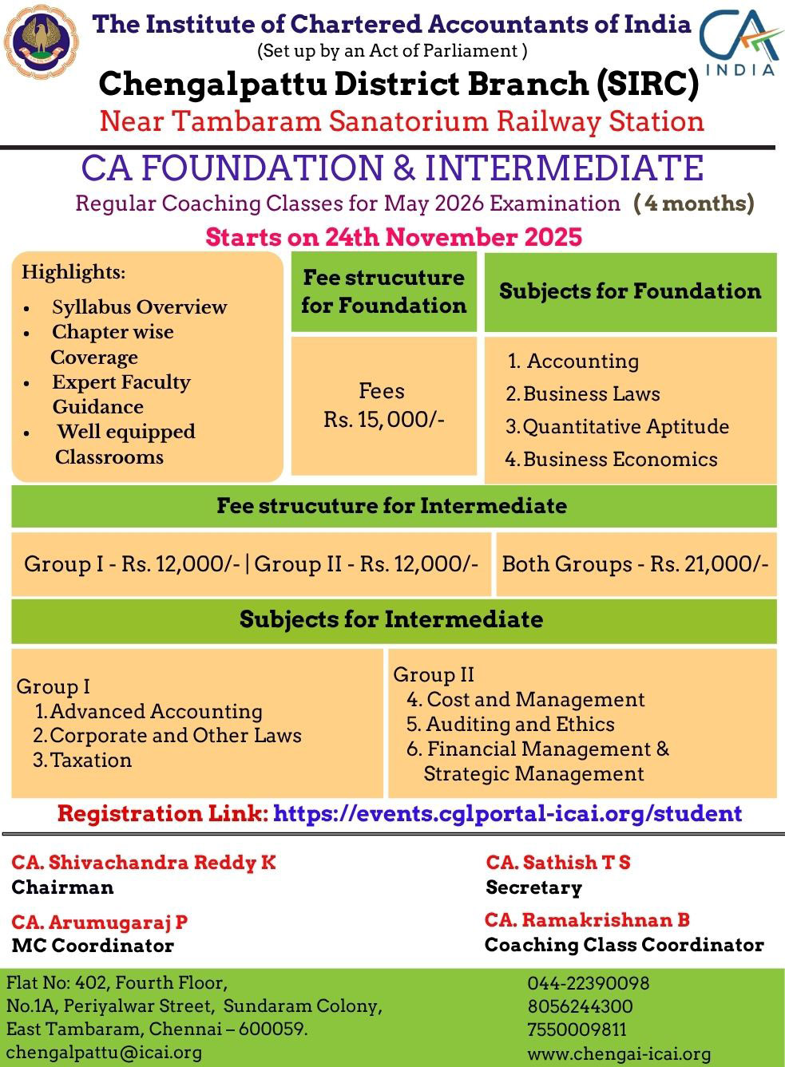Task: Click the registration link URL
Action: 507,814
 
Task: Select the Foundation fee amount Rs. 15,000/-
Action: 383,420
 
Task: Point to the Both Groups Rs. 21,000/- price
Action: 635,564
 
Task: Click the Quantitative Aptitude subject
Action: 617,426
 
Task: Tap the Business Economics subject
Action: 611,459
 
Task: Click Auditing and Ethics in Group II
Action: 511,725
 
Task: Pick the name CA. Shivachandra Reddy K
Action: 144,863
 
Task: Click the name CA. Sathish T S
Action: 558,863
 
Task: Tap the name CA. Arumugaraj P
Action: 100,923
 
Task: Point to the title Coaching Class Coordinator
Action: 624,945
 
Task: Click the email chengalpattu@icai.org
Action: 104,1053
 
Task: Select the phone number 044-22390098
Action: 589,983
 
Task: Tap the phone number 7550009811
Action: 577,1030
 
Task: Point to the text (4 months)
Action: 694,203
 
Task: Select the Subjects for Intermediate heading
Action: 391,619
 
